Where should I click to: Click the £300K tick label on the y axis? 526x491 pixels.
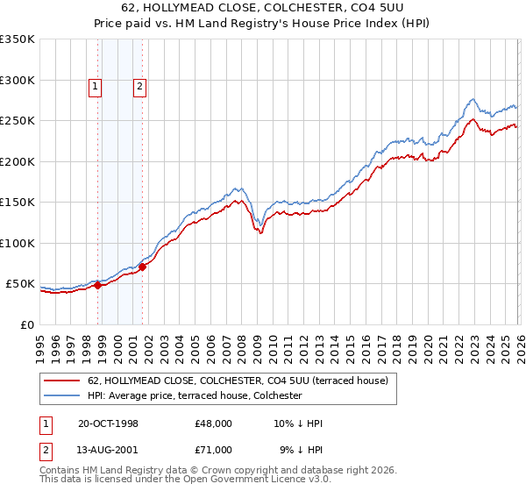point(18,80)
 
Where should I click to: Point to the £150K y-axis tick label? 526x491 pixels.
point(18,203)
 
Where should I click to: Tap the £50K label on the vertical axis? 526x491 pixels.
point(21,284)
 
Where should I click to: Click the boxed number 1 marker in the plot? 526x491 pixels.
point(94,86)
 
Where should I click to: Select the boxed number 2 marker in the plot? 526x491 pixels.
point(139,86)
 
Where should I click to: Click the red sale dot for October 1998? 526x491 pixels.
point(98,286)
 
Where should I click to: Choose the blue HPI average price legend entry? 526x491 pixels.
point(194,396)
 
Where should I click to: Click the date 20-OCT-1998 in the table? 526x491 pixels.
point(107,424)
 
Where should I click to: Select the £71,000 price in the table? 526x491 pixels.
point(214,450)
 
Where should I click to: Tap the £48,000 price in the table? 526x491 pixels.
point(214,424)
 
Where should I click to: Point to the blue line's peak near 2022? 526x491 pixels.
point(473,99)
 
